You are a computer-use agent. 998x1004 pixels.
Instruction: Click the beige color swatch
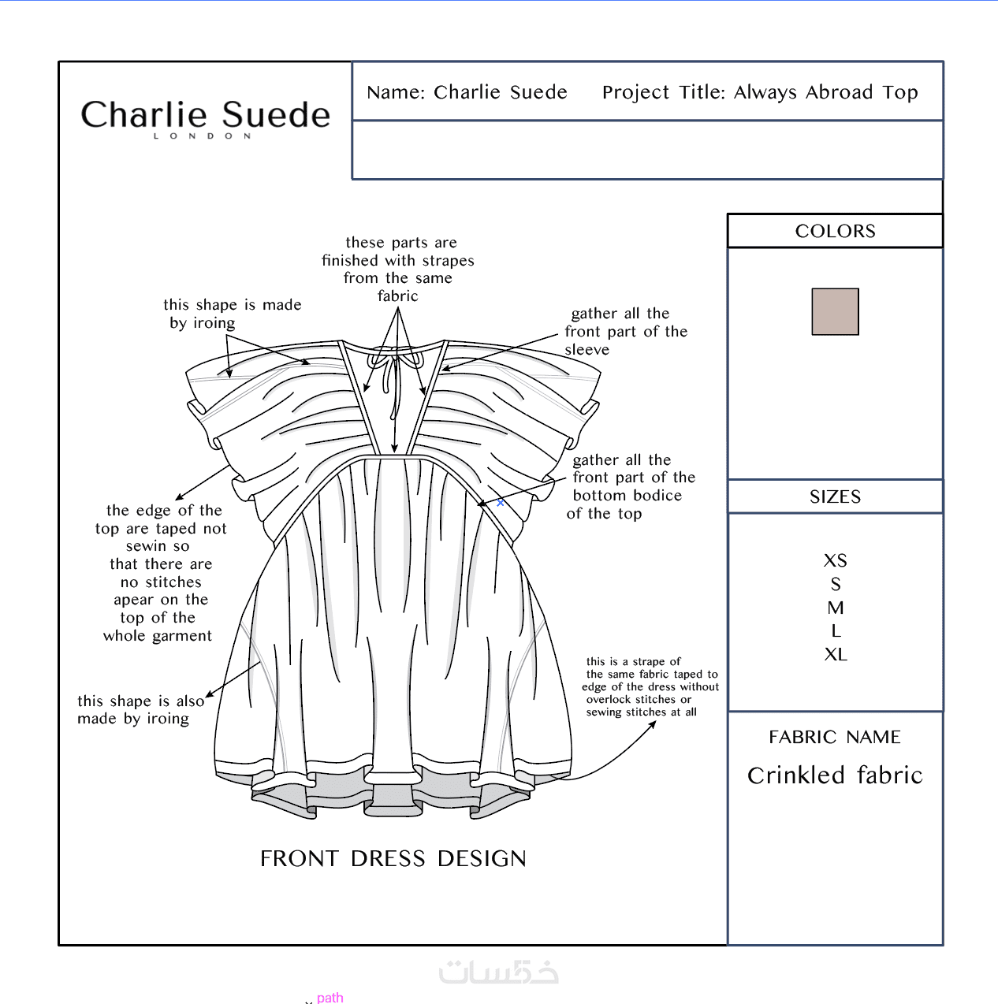click(835, 311)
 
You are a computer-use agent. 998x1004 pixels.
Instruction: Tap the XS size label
click(836, 560)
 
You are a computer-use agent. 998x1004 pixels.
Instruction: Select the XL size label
click(836, 654)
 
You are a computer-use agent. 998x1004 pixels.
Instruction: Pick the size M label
click(836, 608)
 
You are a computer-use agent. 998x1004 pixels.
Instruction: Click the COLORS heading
click(836, 231)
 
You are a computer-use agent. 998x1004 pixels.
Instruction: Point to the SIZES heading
click(836, 496)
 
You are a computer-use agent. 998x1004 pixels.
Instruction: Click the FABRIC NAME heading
click(835, 737)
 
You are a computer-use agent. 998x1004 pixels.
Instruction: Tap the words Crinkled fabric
click(835, 775)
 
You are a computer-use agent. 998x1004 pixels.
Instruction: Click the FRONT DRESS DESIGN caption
click(393, 859)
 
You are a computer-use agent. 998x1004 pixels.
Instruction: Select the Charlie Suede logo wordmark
click(206, 114)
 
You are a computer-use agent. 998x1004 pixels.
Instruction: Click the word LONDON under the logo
click(203, 136)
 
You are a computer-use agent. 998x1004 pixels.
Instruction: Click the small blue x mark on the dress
click(500, 503)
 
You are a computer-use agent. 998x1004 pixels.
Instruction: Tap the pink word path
click(330, 997)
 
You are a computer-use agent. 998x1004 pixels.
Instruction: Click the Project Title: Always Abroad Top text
click(760, 92)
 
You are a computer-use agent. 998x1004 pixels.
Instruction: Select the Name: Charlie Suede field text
click(467, 92)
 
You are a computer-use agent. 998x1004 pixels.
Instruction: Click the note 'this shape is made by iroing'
click(232, 314)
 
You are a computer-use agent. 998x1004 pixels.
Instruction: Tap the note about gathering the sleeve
click(626, 331)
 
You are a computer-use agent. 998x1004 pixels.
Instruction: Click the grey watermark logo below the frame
click(498, 972)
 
